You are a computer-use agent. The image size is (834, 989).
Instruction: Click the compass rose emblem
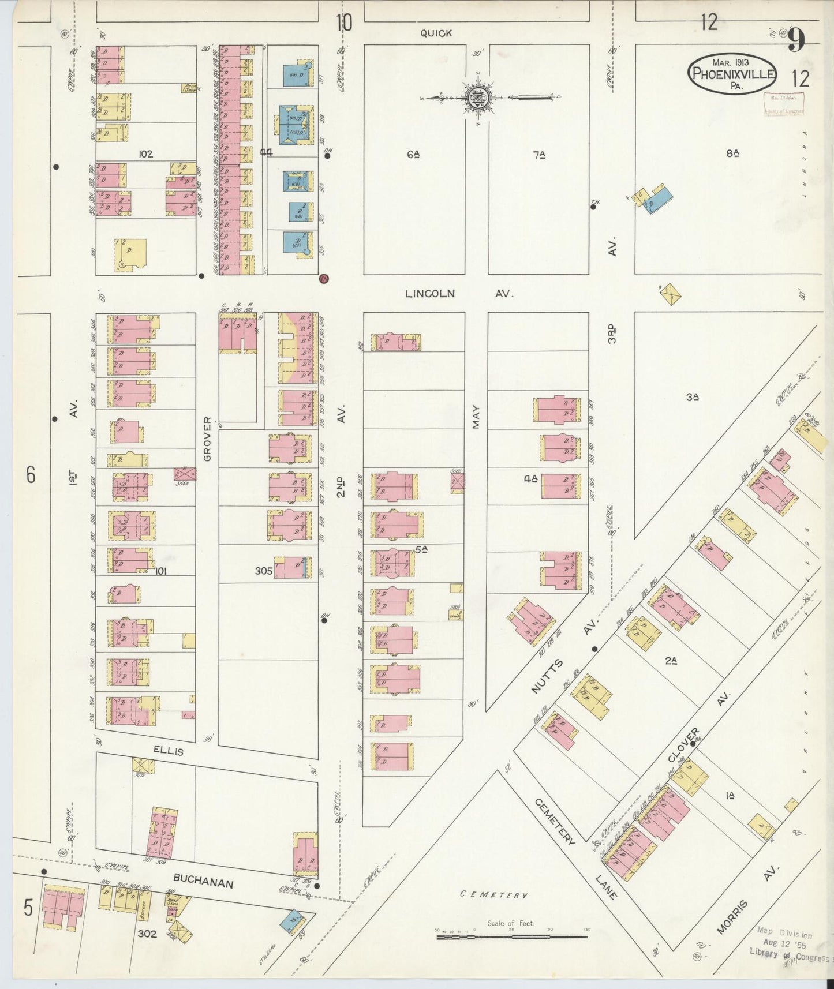478,98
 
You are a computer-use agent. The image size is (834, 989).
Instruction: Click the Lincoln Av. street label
459,294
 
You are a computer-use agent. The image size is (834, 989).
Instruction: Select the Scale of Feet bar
511,936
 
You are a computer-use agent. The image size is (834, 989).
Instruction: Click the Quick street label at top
436,33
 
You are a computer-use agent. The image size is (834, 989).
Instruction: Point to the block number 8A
732,153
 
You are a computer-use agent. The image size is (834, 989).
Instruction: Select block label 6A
412,154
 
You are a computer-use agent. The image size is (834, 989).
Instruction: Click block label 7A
539,154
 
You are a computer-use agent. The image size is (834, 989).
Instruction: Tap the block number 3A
693,397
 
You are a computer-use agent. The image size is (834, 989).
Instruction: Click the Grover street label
207,439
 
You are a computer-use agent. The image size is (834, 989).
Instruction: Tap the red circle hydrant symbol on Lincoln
323,279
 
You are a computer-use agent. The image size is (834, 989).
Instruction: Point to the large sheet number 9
797,40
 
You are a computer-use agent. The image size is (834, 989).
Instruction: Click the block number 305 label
264,571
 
